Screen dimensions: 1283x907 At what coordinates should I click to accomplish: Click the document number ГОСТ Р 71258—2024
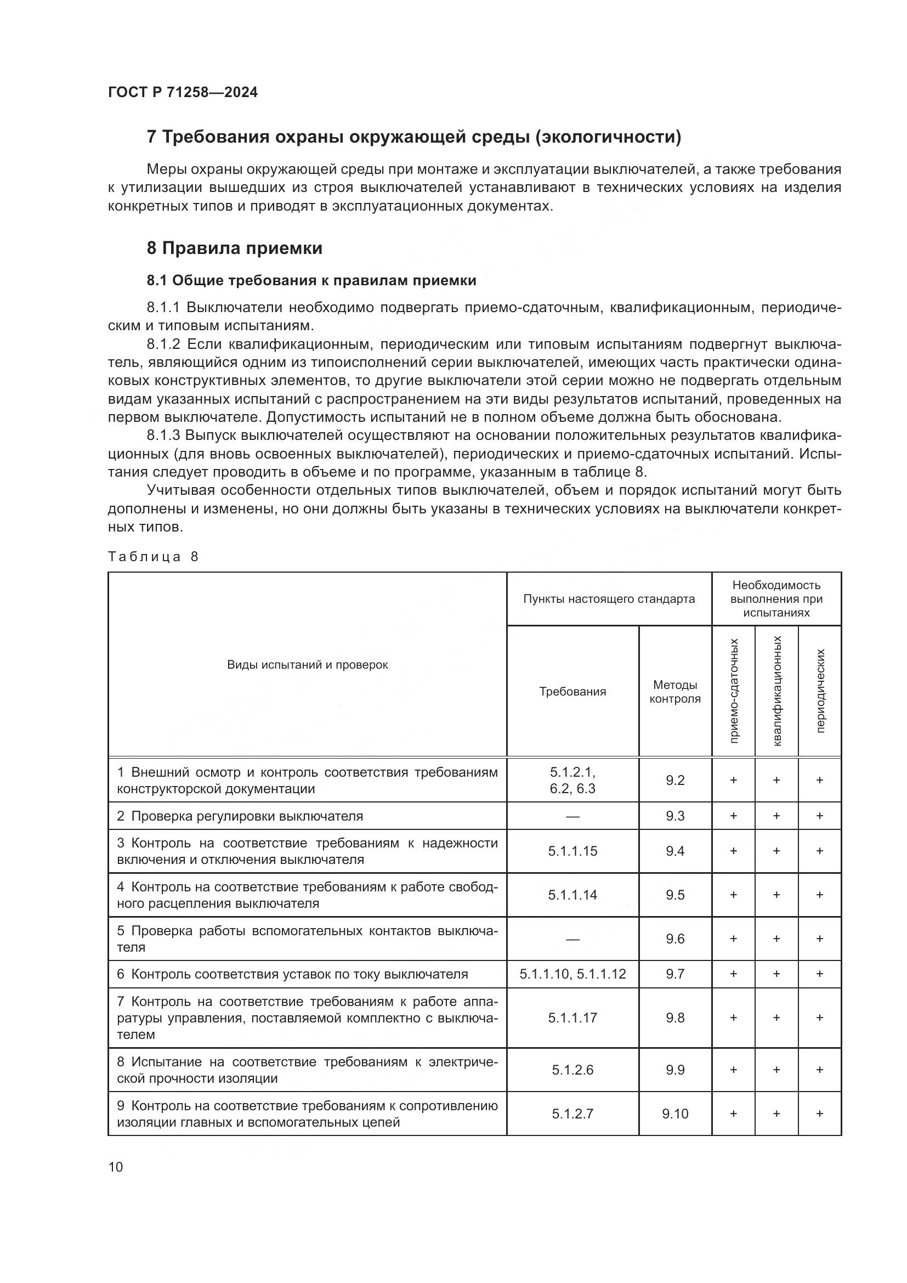pyautogui.click(x=183, y=93)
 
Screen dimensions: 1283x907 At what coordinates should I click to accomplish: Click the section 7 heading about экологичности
pyautogui.click(x=413, y=137)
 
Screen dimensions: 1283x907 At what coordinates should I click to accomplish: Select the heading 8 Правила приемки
pyautogui.click(x=235, y=248)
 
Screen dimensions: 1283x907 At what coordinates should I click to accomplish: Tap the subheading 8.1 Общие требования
pyautogui.click(x=311, y=280)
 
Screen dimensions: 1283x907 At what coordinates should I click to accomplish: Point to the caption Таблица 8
pyautogui.click(x=153, y=557)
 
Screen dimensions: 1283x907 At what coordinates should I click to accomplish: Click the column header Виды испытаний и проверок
pyautogui.click(x=307, y=664)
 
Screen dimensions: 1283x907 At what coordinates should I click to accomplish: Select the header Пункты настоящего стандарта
pyautogui.click(x=609, y=599)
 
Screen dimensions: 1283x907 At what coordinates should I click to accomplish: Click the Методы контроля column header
pyautogui.click(x=674, y=692)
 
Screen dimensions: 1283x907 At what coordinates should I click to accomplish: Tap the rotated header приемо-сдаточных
pyautogui.click(x=733, y=691)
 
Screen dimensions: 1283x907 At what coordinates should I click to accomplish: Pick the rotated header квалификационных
pyautogui.click(x=776, y=691)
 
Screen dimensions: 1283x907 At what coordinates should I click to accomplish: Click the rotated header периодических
pyautogui.click(x=819, y=691)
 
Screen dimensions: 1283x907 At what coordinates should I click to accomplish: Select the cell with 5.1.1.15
pyautogui.click(x=572, y=851)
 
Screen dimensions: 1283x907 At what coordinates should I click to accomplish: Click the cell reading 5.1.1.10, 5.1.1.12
pyautogui.click(x=572, y=974)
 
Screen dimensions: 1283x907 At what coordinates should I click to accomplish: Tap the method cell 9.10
pyautogui.click(x=674, y=1114)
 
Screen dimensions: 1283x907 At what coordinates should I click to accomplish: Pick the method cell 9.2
pyautogui.click(x=674, y=780)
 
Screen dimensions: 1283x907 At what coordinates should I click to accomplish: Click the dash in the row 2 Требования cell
pyautogui.click(x=572, y=816)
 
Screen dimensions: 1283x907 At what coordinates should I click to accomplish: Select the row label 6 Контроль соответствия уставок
pyautogui.click(x=292, y=974)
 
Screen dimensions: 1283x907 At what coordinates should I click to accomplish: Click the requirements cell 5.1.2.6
pyautogui.click(x=572, y=1070)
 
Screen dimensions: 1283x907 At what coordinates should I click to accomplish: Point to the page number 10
pyautogui.click(x=116, y=1167)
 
